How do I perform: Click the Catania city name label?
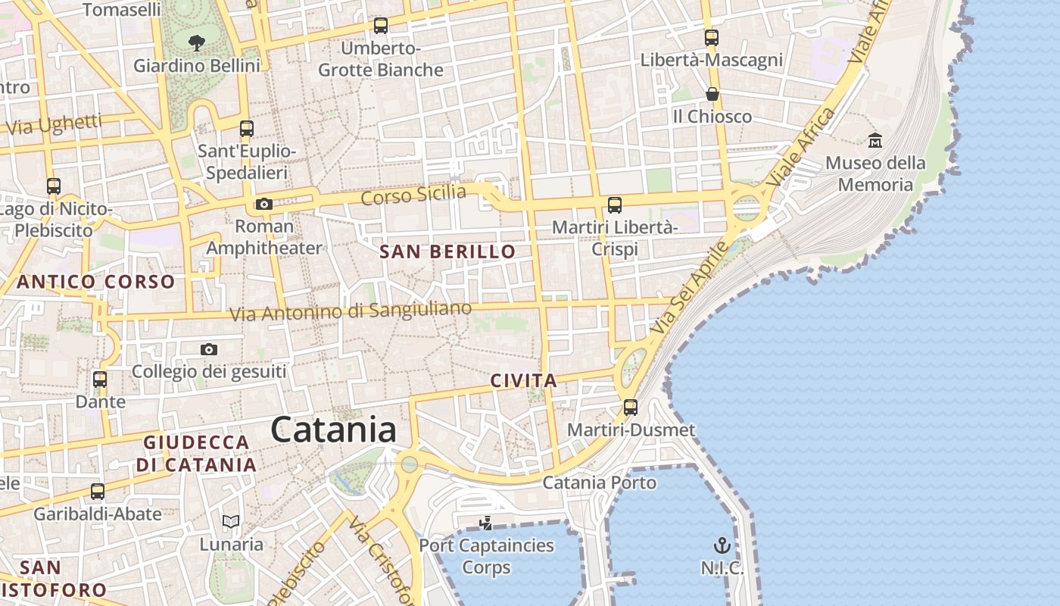[333, 430]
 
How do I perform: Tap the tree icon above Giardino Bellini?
[197, 43]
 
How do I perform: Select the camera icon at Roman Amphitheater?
[264, 204]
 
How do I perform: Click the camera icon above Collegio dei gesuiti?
[209, 349]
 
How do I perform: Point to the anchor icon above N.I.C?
[722, 545]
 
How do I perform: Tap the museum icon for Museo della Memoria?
[875, 140]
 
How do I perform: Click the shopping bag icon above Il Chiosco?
[712, 94]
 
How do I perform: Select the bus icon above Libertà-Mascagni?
[711, 37]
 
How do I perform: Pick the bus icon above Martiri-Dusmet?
[631, 408]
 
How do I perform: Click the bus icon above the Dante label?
[100, 380]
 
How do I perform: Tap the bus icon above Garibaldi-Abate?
[98, 492]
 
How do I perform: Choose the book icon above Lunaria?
[231, 521]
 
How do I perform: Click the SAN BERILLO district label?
[447, 252]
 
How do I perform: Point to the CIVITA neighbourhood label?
[524, 381]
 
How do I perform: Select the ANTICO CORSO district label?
[96, 283]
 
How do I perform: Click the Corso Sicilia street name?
[413, 195]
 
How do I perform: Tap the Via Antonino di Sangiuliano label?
[351, 311]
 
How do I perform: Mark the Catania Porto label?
[600, 483]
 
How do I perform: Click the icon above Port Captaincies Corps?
[486, 523]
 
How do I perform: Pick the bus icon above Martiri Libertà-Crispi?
[615, 205]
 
